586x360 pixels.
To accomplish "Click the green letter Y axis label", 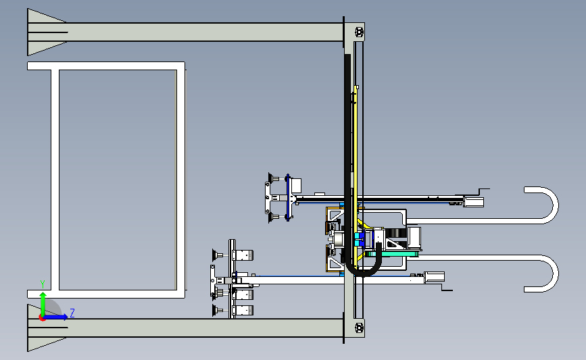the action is (x=43, y=284).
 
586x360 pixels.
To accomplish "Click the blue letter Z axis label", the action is (x=72, y=313).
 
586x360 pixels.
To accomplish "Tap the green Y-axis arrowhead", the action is (x=43, y=295).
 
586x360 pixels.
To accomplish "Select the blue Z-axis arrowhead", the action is (x=66, y=317).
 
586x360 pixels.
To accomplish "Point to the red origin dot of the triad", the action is (x=43, y=318).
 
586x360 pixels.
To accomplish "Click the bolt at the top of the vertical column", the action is (x=359, y=32).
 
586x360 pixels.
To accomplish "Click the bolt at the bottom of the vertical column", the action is (x=359, y=328).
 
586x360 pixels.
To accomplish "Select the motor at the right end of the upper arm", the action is (x=474, y=202).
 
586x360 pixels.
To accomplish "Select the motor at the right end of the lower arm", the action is (x=435, y=277).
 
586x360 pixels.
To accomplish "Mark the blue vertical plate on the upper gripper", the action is (x=288, y=197).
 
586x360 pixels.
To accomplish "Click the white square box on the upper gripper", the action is (x=295, y=186).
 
